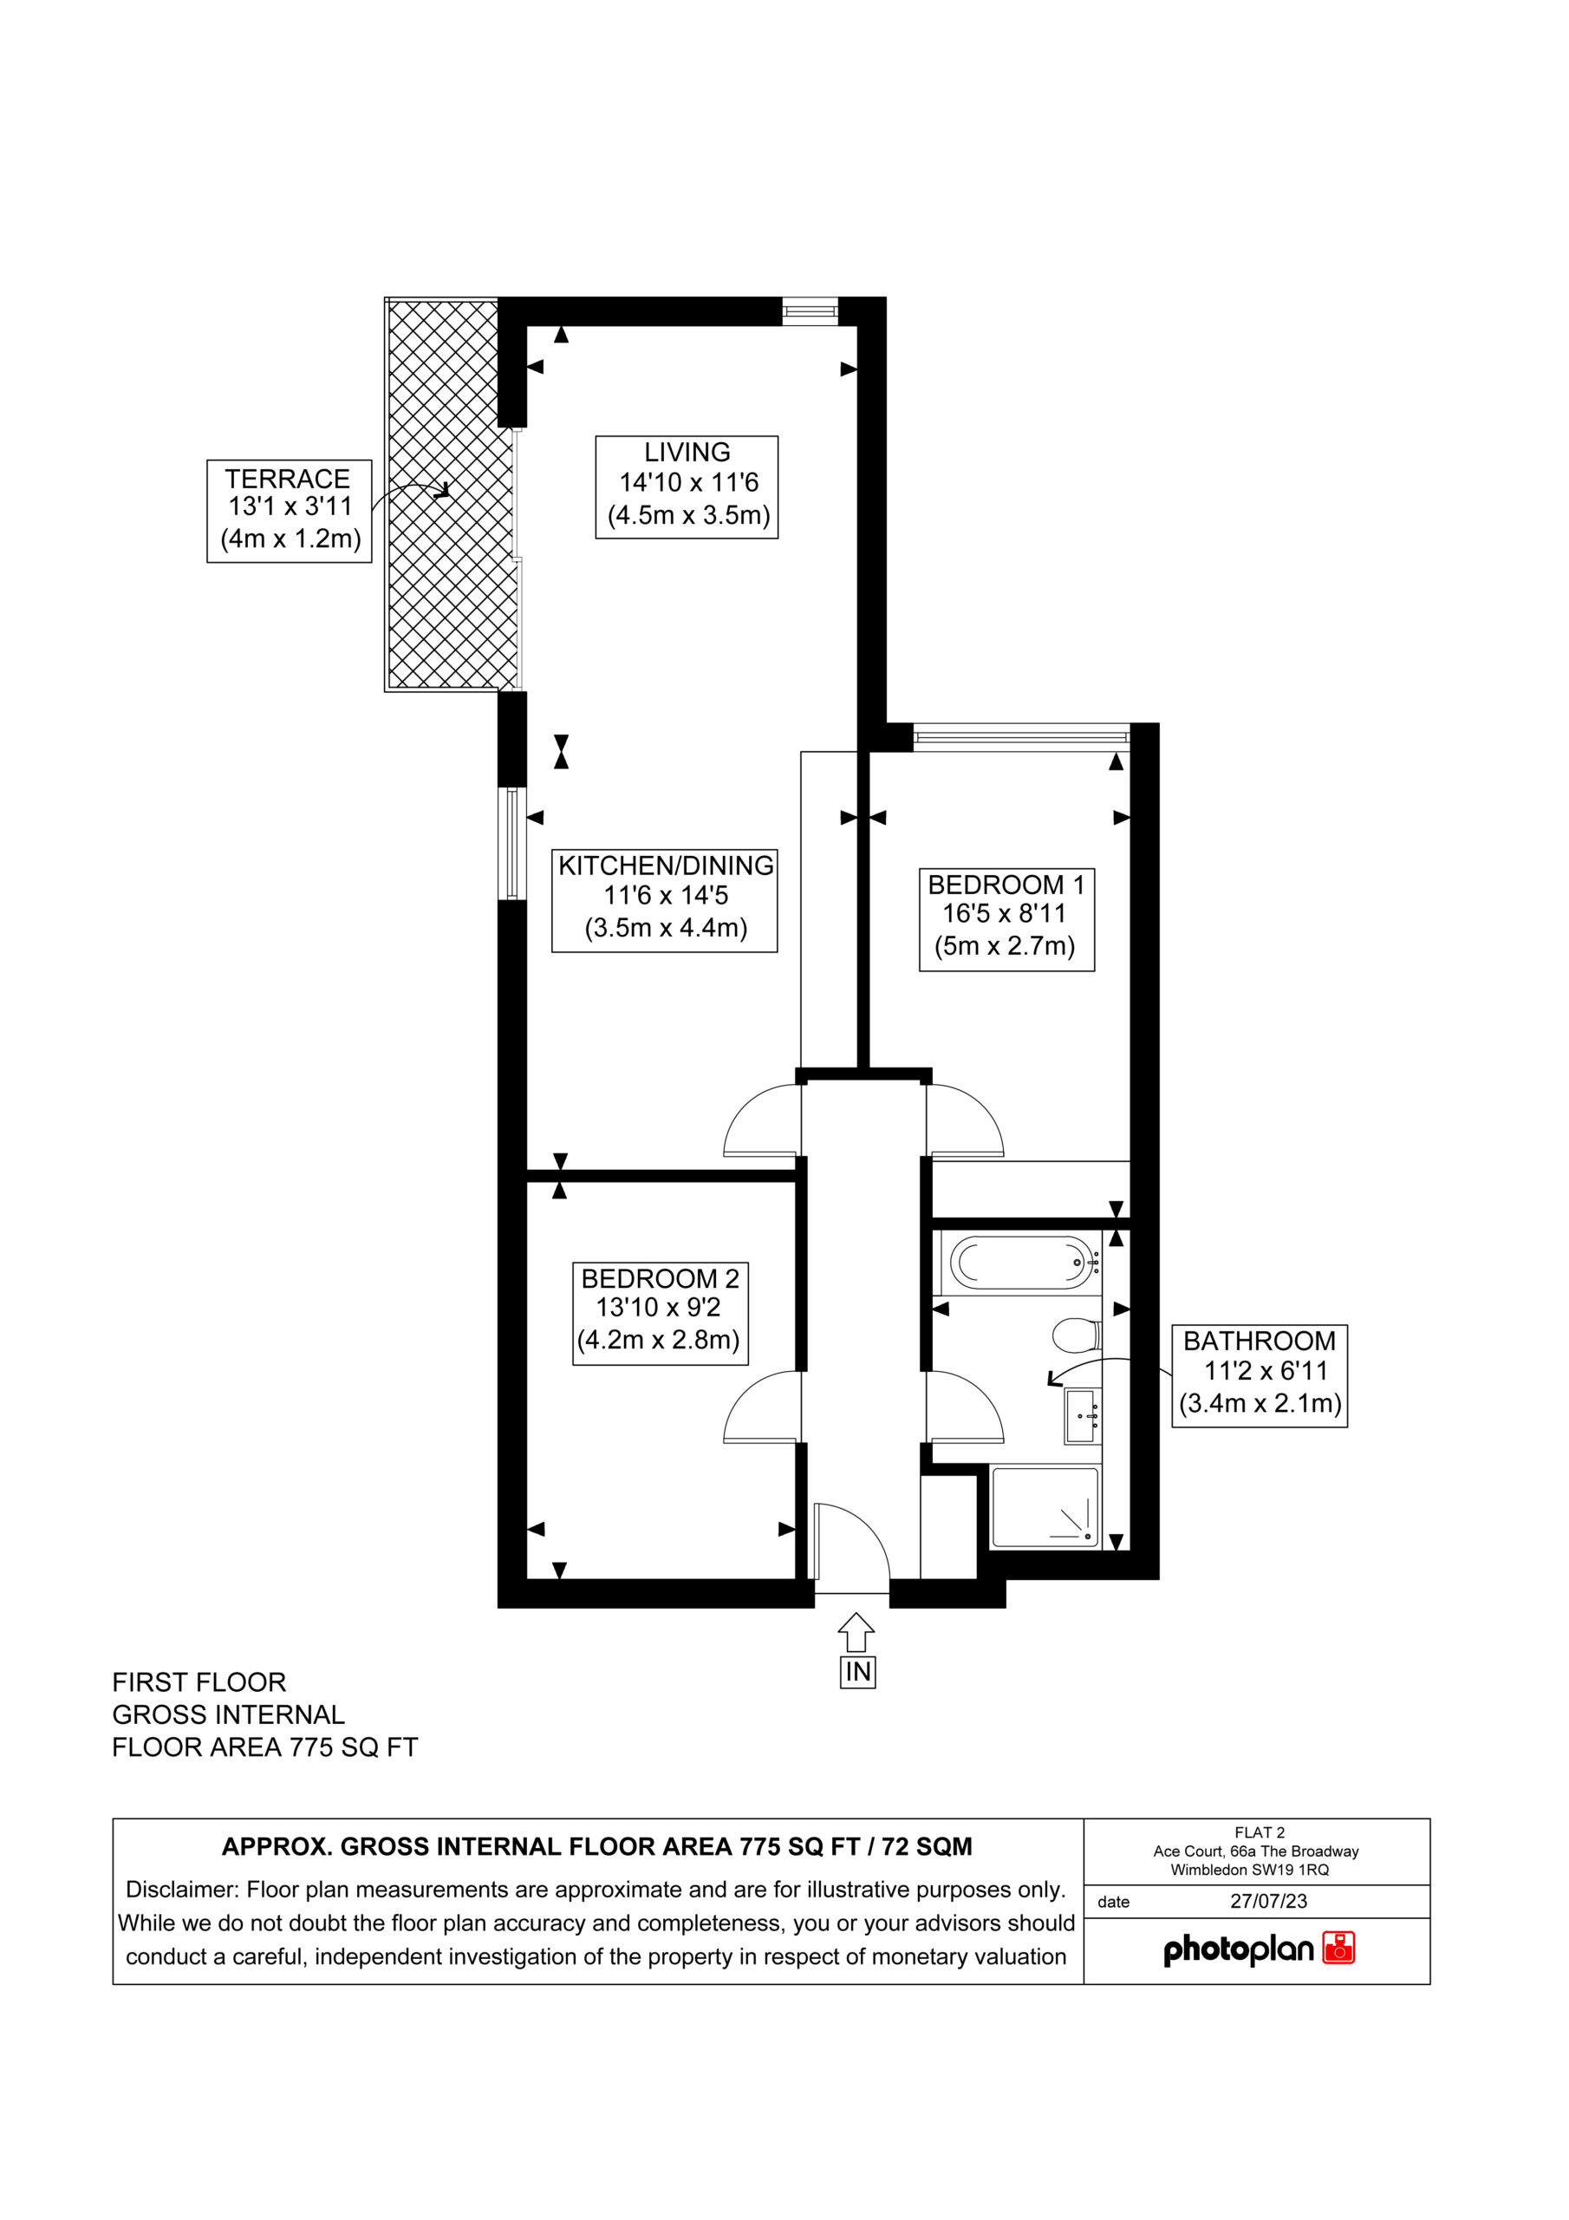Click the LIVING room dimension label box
tap(687, 486)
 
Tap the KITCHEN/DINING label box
tap(664, 900)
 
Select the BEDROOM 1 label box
tap(1006, 918)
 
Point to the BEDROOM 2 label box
tap(661, 1313)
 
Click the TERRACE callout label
tap(289, 511)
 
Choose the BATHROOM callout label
tap(1260, 1376)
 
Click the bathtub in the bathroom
tap(1021, 1263)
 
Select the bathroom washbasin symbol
tap(1083, 1416)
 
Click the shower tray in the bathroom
tap(1045, 1506)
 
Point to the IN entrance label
tap(857, 1672)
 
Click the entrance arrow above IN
tap(857, 1631)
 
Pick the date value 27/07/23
tap(1268, 1901)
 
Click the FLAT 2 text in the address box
tap(1260, 1832)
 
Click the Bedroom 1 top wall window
tap(1021, 738)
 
